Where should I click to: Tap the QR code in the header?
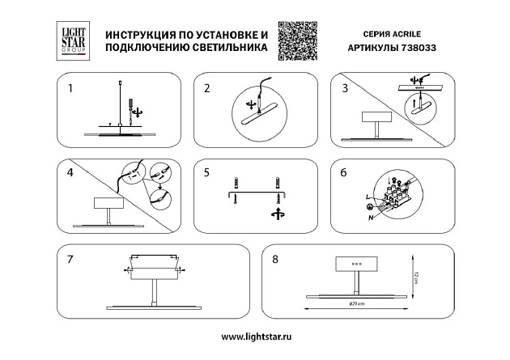coord(295,40)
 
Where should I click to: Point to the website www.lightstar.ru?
coord(255,336)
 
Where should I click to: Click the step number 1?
coord(70,87)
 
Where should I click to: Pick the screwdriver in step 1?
coord(128,104)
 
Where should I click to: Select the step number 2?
coord(207,87)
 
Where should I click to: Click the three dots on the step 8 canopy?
coord(355,264)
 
